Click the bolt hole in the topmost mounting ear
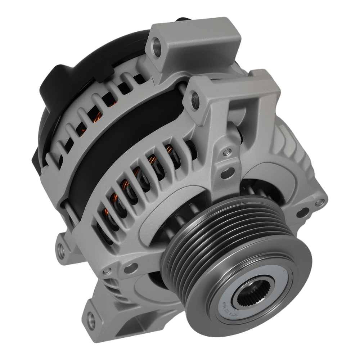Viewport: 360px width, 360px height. pyautogui.click(x=157, y=46)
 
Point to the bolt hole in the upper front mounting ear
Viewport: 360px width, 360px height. pyautogui.click(x=194, y=96)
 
